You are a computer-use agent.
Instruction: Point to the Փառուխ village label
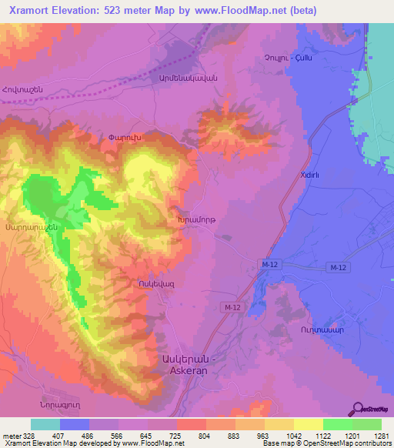[x=125, y=138]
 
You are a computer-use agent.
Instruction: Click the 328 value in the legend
[x=30, y=435]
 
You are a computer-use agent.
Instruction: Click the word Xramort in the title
[x=33, y=10]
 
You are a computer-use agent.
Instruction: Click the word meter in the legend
[x=12, y=435]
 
